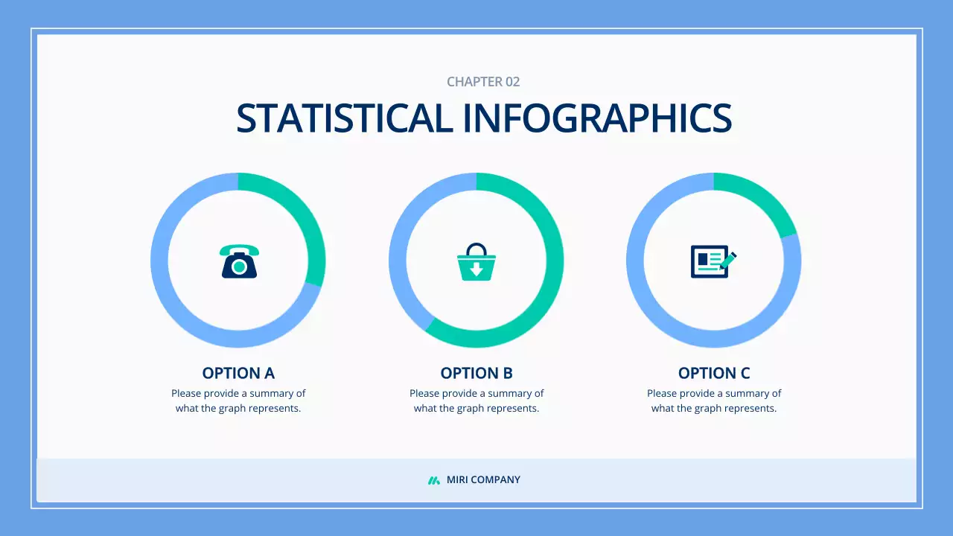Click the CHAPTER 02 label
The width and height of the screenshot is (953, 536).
click(483, 82)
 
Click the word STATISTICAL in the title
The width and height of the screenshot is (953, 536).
click(344, 118)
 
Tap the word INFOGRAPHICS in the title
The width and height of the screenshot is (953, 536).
click(597, 118)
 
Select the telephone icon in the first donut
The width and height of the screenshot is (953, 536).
click(239, 261)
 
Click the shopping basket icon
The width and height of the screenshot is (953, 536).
click(476, 262)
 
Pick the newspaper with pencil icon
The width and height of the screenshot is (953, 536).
click(713, 261)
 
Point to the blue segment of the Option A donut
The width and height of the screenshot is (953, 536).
click(171, 298)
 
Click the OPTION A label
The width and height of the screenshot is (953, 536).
click(238, 373)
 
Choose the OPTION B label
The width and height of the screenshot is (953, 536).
click(476, 373)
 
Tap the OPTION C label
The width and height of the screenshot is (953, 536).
click(714, 373)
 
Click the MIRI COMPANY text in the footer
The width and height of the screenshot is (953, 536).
click(483, 480)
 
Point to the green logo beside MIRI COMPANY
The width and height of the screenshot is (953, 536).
click(434, 480)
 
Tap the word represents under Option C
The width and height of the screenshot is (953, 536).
click(750, 408)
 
